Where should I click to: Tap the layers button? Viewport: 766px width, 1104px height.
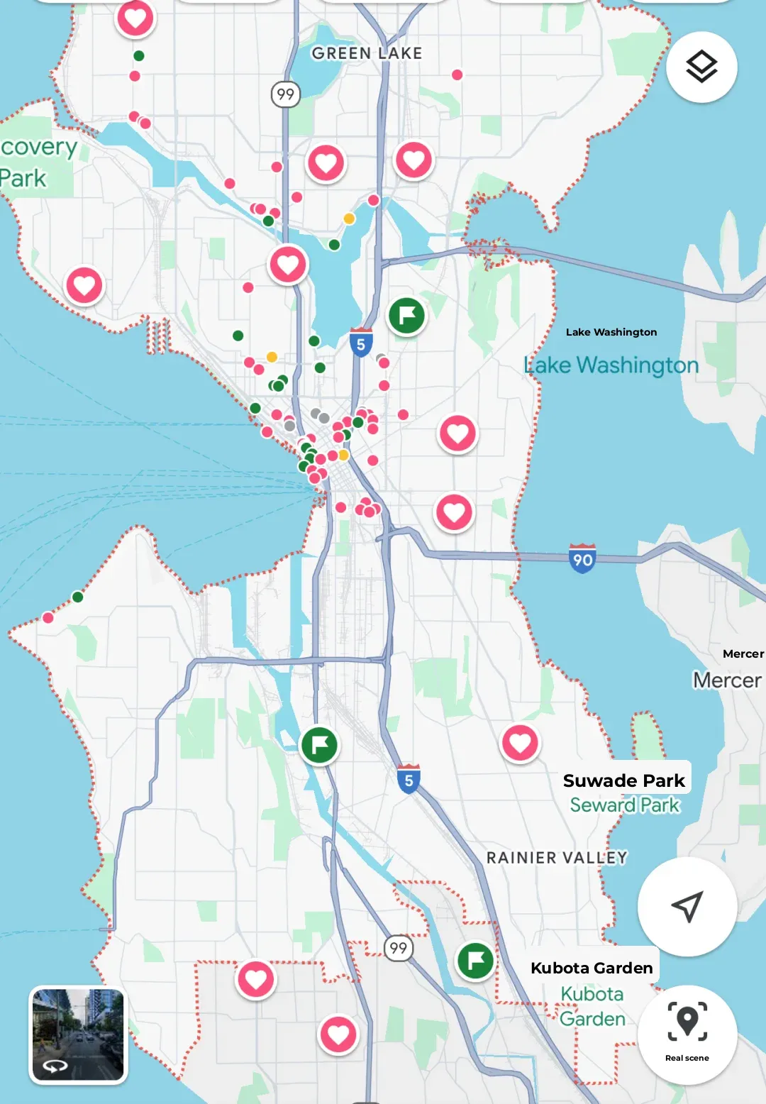click(701, 67)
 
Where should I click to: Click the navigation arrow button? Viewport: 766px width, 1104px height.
click(687, 906)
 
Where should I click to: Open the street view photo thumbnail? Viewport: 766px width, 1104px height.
click(78, 1034)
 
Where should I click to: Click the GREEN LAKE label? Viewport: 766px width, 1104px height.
click(367, 53)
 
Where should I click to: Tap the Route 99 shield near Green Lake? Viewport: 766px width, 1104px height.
click(285, 94)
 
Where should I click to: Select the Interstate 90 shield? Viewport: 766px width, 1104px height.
click(582, 559)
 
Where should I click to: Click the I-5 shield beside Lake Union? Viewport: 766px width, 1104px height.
click(361, 343)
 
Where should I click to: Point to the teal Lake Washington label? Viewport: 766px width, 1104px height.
click(611, 365)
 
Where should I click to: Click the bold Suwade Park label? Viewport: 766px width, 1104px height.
click(623, 780)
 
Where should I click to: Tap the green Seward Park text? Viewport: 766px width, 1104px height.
click(625, 805)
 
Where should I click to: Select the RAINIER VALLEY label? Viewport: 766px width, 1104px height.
click(557, 858)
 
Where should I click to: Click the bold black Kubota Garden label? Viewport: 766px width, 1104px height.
click(592, 968)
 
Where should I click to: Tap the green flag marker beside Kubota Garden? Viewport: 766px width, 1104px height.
click(475, 961)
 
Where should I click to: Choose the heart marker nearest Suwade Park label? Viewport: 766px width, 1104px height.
click(520, 743)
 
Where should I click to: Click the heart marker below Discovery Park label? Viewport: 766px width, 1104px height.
click(84, 285)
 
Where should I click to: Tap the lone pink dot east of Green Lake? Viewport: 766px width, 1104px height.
click(457, 74)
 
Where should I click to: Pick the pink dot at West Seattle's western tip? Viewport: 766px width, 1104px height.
click(48, 617)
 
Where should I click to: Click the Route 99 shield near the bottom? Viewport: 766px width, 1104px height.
click(399, 948)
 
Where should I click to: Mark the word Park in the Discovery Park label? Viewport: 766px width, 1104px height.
click(23, 178)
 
